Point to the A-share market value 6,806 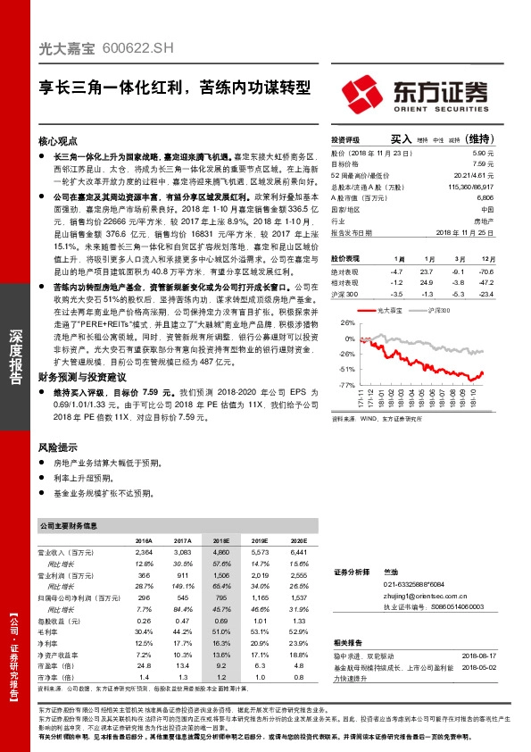[485, 196]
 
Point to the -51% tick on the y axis [347, 368]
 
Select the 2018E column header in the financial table [220, 541]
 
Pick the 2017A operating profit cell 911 [183, 576]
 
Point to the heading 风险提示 [60, 445]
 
